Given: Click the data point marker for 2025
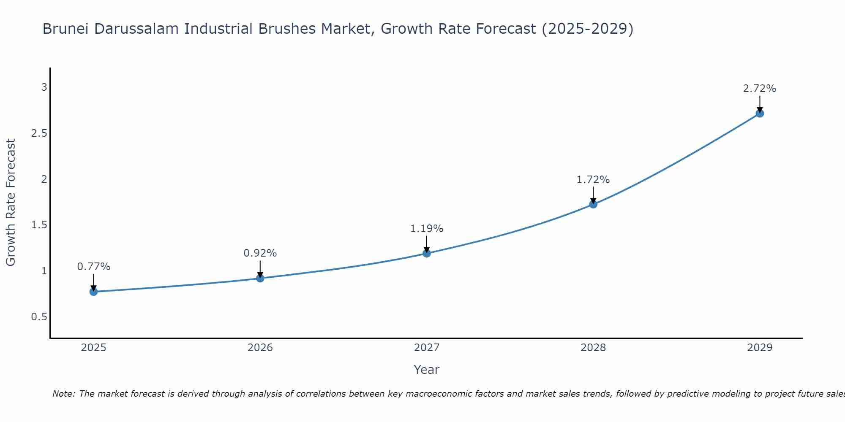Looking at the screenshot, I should pyautogui.click(x=94, y=292).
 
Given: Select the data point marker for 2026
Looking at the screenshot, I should pyautogui.click(x=260, y=278).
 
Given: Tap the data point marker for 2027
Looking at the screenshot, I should pyautogui.click(x=427, y=253).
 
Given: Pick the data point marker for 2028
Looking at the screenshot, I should pyautogui.click(x=593, y=204).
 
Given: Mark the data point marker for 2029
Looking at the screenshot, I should pyautogui.click(x=760, y=113).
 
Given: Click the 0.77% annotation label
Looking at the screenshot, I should pyautogui.click(x=94, y=267).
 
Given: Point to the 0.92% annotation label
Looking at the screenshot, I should pyautogui.click(x=260, y=253).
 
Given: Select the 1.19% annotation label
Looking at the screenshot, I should pyautogui.click(x=427, y=229).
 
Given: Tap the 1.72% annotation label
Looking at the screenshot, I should pyautogui.click(x=593, y=180).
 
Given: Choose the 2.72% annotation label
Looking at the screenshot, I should pyautogui.click(x=760, y=89).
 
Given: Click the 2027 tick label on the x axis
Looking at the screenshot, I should pyautogui.click(x=427, y=348).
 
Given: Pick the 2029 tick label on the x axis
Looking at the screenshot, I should pyautogui.click(x=760, y=348).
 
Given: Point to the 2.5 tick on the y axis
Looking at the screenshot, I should pyautogui.click(x=39, y=133).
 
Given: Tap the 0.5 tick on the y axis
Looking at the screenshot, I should pyautogui.click(x=39, y=316).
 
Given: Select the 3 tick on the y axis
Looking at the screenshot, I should pyautogui.click(x=44, y=87).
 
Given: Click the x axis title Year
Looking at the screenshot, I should pyautogui.click(x=427, y=370).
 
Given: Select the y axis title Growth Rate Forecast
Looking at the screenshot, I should pyautogui.click(x=11, y=203).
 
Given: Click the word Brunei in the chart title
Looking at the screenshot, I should pyautogui.click(x=66, y=29).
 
